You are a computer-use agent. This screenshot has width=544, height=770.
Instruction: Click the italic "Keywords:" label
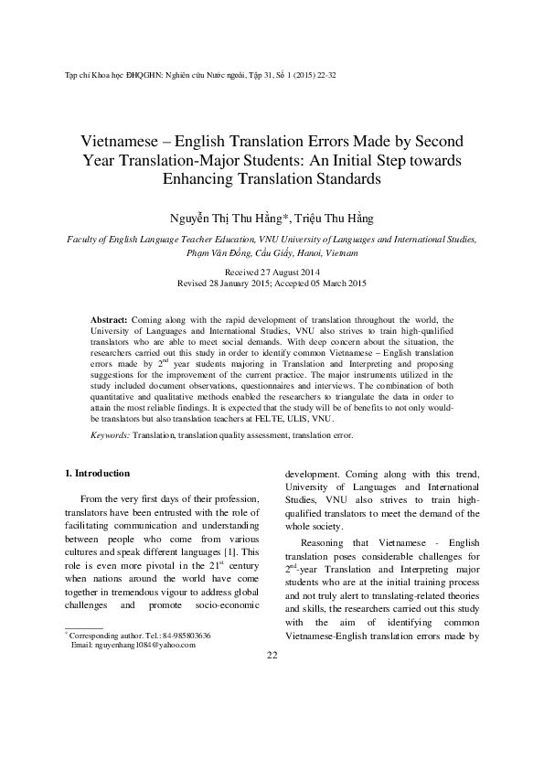110,435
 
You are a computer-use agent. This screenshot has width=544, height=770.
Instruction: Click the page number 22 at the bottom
272,733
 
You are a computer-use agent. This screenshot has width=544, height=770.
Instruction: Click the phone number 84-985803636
183,711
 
